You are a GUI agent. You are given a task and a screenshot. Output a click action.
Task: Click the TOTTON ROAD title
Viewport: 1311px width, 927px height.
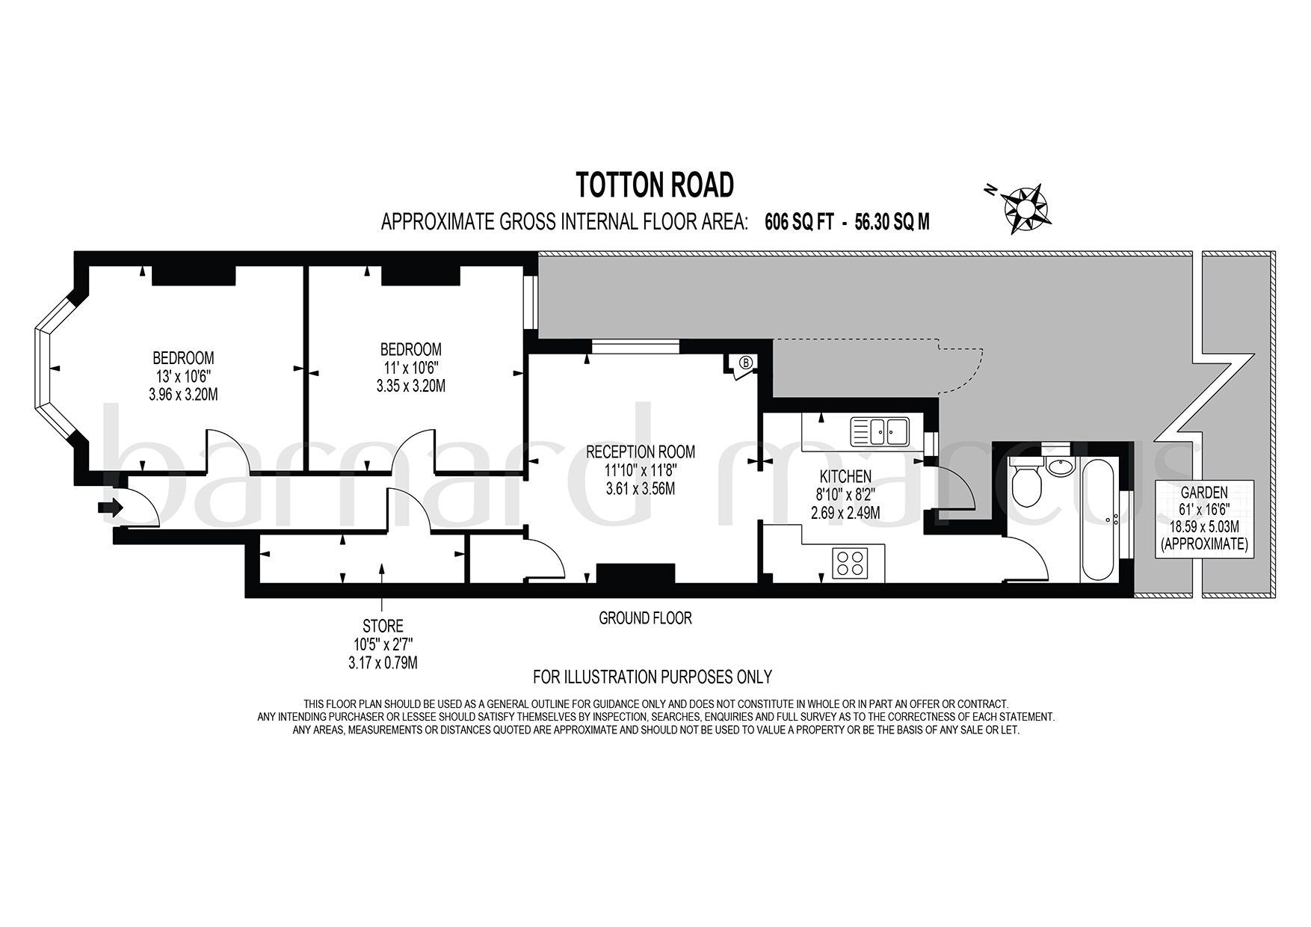655,185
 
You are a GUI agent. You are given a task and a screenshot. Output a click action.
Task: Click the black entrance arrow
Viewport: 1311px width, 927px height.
109,508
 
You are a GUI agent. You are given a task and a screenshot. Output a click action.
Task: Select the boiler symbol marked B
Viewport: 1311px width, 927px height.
745,363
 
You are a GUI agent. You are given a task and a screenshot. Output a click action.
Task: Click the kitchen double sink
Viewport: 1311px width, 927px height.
879,431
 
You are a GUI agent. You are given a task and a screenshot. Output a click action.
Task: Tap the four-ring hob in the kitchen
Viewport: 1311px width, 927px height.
850,563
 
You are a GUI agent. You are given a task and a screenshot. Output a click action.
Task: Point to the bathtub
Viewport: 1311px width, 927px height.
1098,522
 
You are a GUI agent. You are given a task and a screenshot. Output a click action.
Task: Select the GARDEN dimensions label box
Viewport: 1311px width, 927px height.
1203,518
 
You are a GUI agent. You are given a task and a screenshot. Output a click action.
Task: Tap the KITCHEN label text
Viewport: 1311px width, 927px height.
845,477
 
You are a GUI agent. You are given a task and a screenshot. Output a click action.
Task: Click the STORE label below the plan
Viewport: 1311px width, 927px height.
383,626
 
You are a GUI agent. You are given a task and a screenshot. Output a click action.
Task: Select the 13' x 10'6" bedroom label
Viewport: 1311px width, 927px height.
183,376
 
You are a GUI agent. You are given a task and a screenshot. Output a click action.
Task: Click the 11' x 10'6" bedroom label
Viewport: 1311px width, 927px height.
410,368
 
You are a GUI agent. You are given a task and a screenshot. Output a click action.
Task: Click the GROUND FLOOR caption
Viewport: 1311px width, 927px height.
645,618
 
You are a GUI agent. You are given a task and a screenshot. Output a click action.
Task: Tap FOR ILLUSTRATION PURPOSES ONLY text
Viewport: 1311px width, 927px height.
652,677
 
